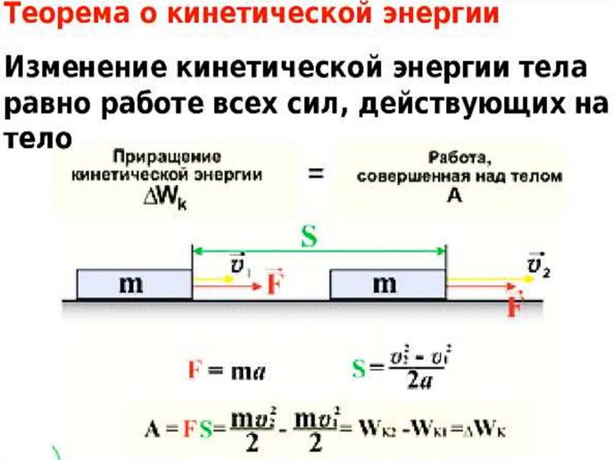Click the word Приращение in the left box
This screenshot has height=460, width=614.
tap(167, 158)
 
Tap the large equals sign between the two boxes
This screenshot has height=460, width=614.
tap(316, 175)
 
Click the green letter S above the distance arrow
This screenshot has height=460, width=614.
tap(308, 238)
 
